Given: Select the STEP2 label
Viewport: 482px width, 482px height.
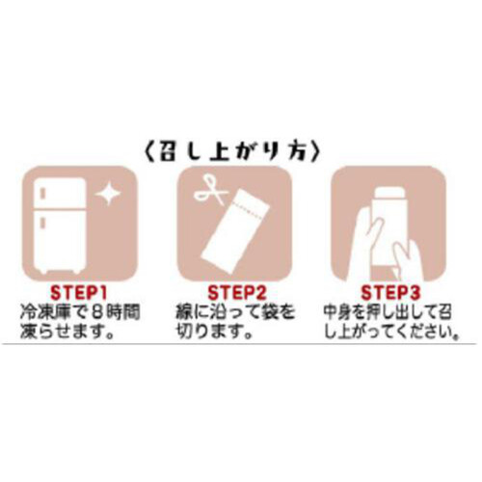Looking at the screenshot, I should pos(237,291).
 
